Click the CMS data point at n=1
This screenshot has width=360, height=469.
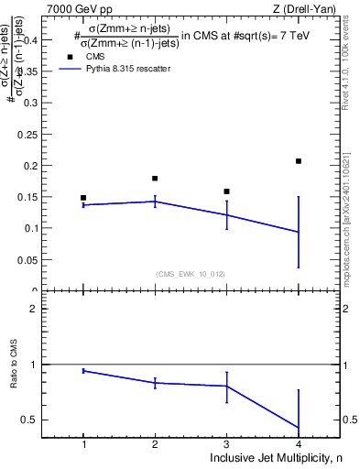(x=83, y=198)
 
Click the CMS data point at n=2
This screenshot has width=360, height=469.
(x=155, y=178)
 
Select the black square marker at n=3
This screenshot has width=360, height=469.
(x=226, y=191)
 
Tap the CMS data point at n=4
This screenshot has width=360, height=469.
(x=299, y=161)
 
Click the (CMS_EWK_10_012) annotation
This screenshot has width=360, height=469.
(x=191, y=273)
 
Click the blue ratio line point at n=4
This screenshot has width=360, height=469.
(x=299, y=428)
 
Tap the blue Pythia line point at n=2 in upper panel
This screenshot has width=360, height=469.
(x=155, y=202)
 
